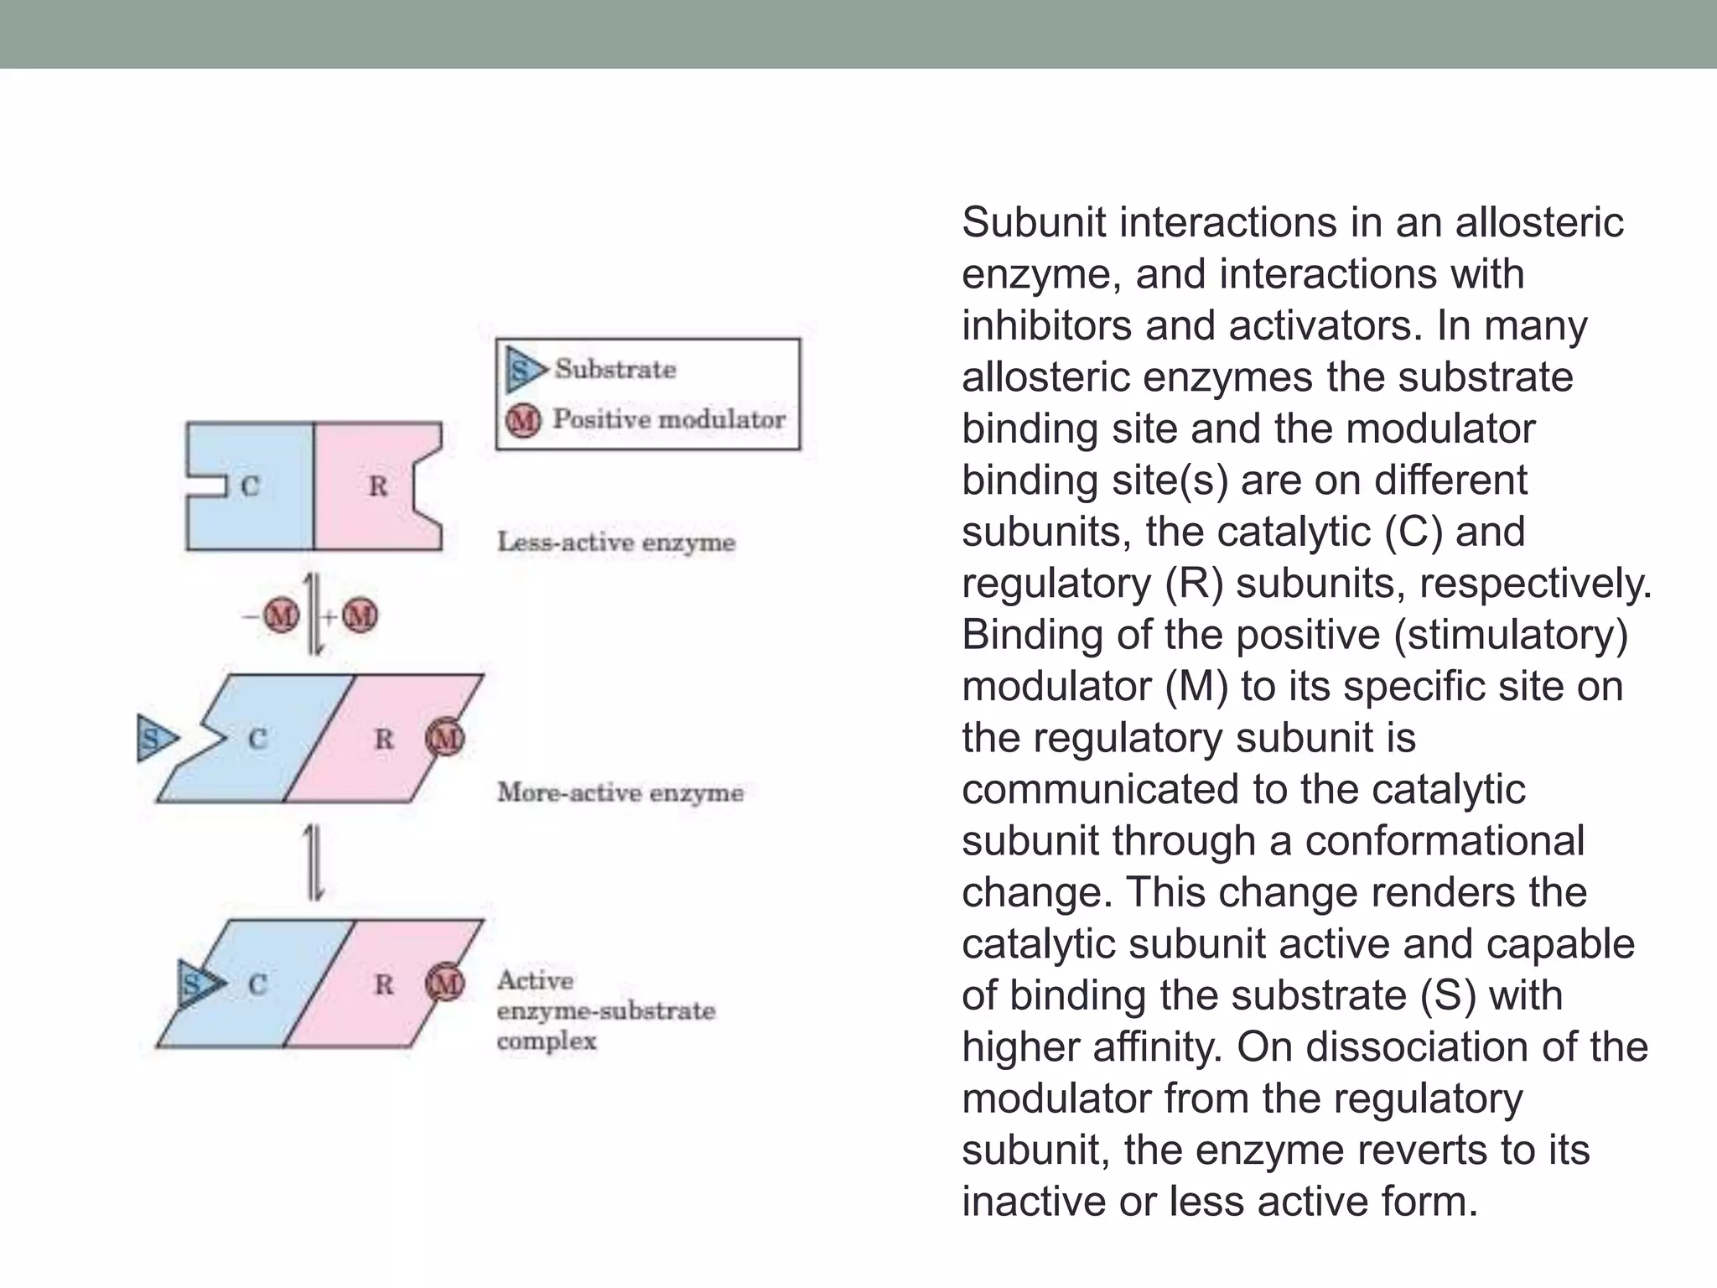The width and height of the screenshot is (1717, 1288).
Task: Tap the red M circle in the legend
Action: [x=523, y=419]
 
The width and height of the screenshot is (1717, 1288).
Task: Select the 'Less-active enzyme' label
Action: [x=616, y=543]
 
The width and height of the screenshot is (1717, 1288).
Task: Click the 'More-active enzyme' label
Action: [x=620, y=792]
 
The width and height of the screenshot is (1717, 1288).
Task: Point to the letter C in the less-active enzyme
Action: [x=250, y=486]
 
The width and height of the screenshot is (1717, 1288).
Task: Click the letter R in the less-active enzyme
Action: [x=378, y=486]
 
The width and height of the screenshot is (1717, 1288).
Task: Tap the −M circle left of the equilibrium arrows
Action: [x=281, y=616]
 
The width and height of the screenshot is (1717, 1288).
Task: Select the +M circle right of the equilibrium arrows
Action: [x=361, y=616]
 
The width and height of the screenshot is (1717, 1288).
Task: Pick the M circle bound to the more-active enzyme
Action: [x=444, y=739]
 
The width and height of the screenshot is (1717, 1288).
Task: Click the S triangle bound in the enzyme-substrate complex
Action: [x=198, y=984]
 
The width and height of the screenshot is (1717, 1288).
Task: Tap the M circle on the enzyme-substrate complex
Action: [x=444, y=984]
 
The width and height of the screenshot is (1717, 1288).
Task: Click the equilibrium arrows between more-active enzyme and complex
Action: [x=314, y=862]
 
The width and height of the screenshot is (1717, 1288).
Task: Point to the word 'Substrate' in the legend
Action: [x=615, y=369]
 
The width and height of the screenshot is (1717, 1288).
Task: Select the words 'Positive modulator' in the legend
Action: [x=669, y=419]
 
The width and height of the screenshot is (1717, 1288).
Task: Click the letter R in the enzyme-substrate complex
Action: [x=383, y=984]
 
